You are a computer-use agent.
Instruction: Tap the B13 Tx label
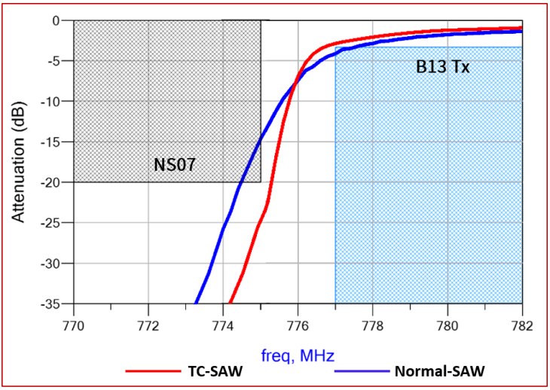tap(443, 67)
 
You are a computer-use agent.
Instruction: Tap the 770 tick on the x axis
tap(74, 327)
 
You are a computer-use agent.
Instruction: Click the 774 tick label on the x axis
tap(223, 327)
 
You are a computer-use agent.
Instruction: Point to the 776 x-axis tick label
tap(298, 327)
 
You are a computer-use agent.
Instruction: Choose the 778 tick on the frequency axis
tap(372, 327)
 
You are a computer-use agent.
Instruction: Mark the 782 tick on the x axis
tap(521, 327)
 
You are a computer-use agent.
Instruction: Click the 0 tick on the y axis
tap(56, 20)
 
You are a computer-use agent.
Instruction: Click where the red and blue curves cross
tap(293, 81)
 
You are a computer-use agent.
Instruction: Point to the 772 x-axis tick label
tap(148, 327)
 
